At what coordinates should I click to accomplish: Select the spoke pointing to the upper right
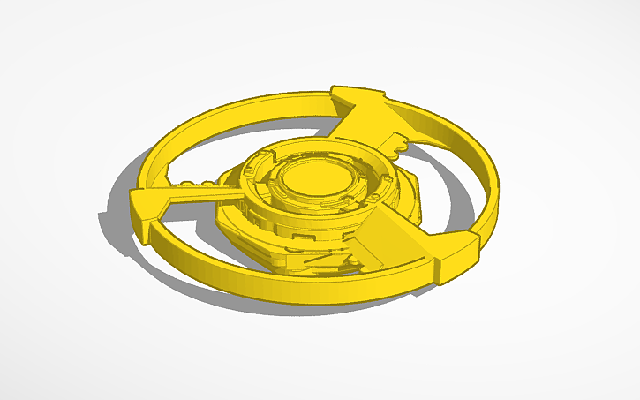pos(371,123)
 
